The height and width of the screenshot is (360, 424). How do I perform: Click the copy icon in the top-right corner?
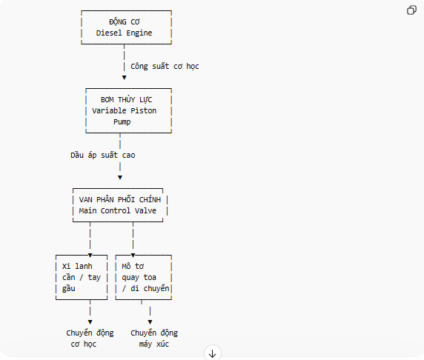click(411, 10)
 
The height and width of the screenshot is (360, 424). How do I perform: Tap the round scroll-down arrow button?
click(213, 353)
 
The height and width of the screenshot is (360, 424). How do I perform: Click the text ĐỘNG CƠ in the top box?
click(125, 21)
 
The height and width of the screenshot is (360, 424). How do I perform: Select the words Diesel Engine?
click(124, 33)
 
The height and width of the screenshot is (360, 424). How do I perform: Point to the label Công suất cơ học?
click(165, 66)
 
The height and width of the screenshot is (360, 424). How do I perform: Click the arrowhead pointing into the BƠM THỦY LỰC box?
click(124, 78)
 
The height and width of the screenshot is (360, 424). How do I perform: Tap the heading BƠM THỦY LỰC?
click(126, 100)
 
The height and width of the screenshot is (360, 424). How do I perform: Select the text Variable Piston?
click(124, 111)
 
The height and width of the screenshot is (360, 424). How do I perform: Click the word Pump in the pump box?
click(122, 122)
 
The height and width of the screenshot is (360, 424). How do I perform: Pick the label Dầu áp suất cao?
click(103, 155)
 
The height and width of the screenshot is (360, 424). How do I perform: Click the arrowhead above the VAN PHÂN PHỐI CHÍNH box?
click(120, 178)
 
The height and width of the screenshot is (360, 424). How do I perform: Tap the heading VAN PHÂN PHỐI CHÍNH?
click(120, 199)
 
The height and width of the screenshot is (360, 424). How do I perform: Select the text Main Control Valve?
click(118, 210)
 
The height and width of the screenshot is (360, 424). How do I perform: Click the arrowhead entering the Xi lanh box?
click(90, 256)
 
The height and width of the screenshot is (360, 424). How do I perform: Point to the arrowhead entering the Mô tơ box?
click(133, 256)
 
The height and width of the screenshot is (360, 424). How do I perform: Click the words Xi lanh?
click(77, 266)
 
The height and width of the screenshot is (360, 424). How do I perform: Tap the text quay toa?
click(139, 278)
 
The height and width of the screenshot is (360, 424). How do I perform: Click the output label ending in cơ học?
click(90, 338)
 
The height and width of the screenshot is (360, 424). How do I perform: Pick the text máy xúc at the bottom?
click(154, 344)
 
